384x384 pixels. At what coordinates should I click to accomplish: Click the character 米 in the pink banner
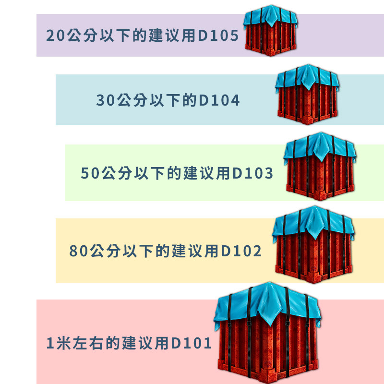point(64,343)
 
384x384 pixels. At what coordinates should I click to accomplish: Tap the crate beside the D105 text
point(271,34)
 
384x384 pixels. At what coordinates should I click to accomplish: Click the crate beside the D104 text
point(307,96)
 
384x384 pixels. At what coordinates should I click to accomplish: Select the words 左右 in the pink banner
point(92,343)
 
